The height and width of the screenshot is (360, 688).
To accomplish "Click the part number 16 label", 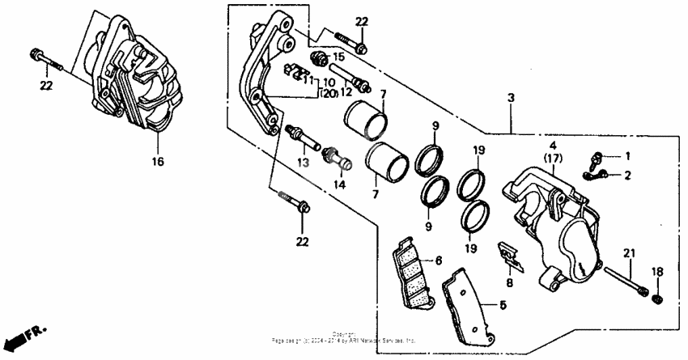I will coord(158,162).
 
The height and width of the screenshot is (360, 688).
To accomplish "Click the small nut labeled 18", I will coord(657,299).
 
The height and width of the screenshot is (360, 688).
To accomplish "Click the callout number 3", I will coord(511,98).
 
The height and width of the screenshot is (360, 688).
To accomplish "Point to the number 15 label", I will coord(338,57).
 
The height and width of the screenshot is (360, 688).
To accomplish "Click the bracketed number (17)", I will coord(554,159).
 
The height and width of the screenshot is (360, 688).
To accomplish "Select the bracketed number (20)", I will coord(327,94).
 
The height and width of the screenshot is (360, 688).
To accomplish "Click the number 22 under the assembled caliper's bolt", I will coord(47,84).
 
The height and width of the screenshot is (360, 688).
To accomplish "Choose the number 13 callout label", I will coord(303,163).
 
